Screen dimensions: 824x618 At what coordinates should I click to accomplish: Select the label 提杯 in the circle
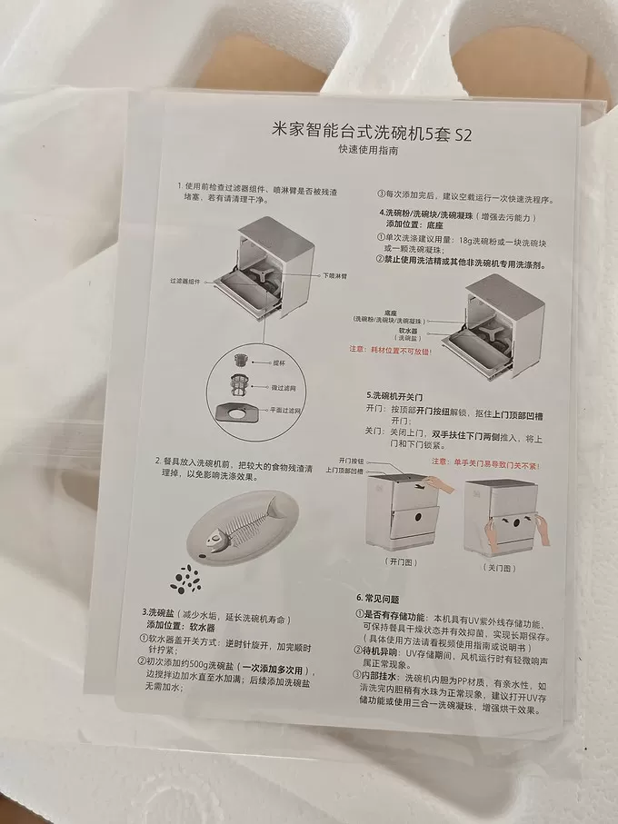click(x=280, y=362)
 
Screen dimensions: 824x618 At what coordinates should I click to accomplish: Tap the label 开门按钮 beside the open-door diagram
click(x=350, y=462)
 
